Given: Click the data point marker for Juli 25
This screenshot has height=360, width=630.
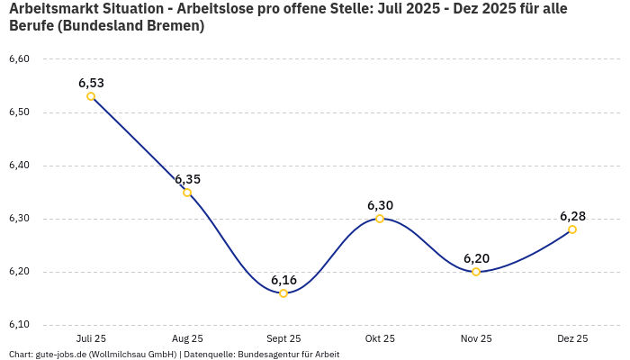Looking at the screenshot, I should pyautogui.click(x=91, y=96).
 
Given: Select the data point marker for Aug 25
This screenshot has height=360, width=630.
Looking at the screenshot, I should pyautogui.click(x=187, y=192).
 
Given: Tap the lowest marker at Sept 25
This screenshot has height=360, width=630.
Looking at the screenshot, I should pyautogui.click(x=283, y=292).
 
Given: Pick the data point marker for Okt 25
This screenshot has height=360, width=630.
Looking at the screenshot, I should pyautogui.click(x=380, y=219).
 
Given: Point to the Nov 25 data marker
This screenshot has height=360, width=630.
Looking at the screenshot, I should pyautogui.click(x=476, y=272).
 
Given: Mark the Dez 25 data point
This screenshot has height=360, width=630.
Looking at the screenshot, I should pyautogui.click(x=572, y=229).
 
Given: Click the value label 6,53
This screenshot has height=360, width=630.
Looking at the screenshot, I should pyautogui.click(x=91, y=83).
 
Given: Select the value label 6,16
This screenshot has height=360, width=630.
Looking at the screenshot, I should pyautogui.click(x=283, y=280).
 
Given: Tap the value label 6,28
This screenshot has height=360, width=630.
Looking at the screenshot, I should pyautogui.click(x=572, y=216).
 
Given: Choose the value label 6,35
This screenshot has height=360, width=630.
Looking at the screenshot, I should pyautogui.click(x=187, y=179).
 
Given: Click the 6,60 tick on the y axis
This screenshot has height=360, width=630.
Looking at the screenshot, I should pyautogui.click(x=19, y=59).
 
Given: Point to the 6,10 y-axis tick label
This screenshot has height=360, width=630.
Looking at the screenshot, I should pyautogui.click(x=19, y=325).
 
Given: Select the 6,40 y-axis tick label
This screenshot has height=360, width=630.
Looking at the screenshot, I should pyautogui.click(x=19, y=166).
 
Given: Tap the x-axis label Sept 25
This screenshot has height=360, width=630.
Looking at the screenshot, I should pyautogui.click(x=283, y=339).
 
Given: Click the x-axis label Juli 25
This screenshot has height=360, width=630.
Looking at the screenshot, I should pyautogui.click(x=91, y=339).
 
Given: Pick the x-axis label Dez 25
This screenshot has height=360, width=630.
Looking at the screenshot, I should pyautogui.click(x=572, y=339).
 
